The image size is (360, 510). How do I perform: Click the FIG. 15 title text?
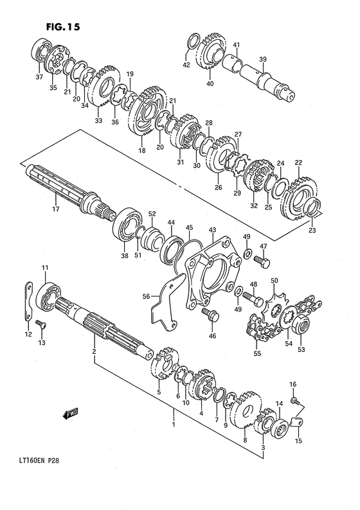(63, 27)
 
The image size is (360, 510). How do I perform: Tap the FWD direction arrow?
(70, 414)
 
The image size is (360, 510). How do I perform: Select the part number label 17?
(56, 209)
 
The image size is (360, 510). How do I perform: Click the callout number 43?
(212, 230)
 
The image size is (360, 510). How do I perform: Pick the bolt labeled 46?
(211, 315)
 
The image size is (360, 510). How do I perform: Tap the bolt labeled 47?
(262, 261)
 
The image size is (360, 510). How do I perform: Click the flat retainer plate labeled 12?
(29, 301)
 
